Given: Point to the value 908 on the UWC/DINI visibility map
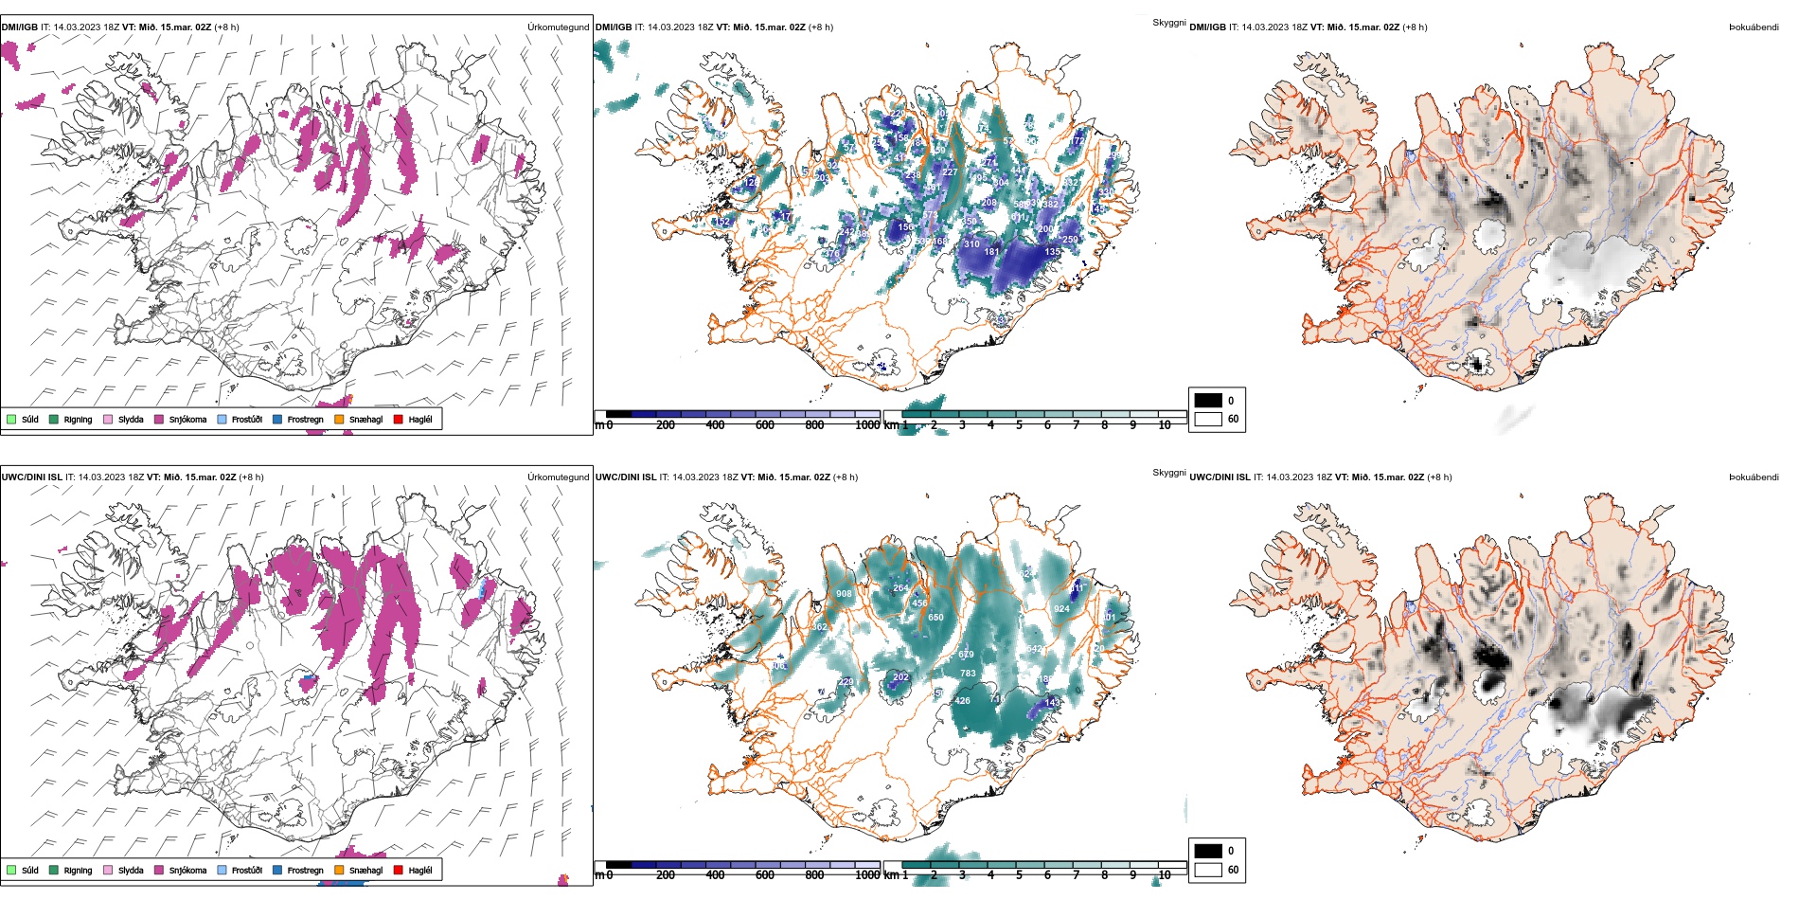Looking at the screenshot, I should [x=844, y=594].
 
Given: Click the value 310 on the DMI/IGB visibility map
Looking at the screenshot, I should [x=971, y=244].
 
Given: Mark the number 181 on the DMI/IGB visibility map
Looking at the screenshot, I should [x=991, y=252].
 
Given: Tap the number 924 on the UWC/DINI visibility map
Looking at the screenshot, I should [x=1061, y=609].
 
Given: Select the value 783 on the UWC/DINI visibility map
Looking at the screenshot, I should [x=968, y=674].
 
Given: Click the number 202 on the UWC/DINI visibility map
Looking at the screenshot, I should [x=900, y=677].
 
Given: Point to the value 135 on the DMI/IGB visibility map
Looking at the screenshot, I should [x=1052, y=252].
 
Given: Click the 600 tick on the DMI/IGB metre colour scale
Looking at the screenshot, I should [x=765, y=425].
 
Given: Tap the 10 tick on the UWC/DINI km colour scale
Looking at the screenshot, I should [x=1165, y=875].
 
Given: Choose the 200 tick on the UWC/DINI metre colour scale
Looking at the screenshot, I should [x=666, y=875].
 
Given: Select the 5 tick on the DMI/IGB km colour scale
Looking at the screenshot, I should [x=1019, y=425].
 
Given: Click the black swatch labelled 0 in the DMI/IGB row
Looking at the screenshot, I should [x=1208, y=400].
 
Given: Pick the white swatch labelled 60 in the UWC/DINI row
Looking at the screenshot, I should [x=1208, y=869].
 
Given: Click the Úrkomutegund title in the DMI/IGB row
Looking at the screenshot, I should [x=558, y=27].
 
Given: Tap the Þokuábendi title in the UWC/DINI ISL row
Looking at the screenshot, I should [x=1754, y=477].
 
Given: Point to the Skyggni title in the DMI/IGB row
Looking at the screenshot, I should [x=1168, y=23].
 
